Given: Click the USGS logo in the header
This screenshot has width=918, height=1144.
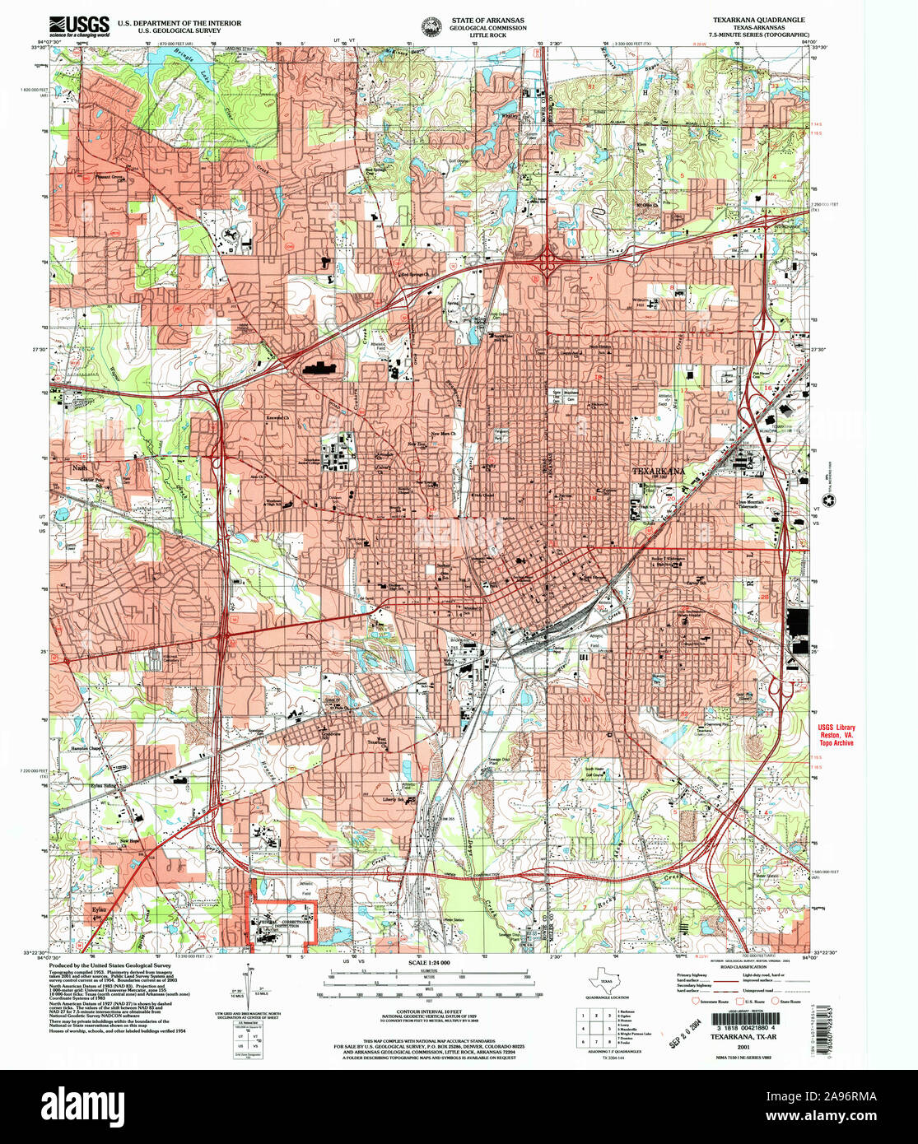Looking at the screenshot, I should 79,27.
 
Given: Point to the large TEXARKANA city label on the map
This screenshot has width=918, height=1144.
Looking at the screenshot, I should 659,472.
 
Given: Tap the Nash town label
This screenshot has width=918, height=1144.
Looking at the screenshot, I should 80,467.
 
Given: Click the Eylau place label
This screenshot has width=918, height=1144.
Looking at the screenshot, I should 98,907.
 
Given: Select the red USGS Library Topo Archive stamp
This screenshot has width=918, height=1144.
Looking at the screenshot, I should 835,735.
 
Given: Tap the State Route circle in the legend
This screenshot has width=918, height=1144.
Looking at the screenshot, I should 775,1002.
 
